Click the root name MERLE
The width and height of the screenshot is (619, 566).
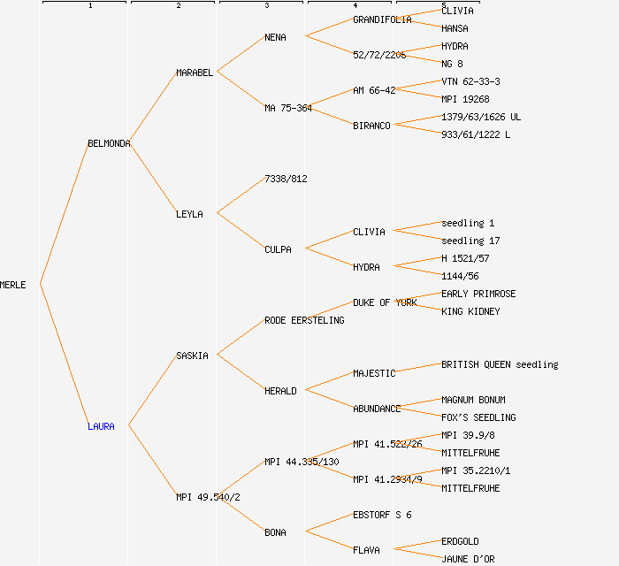[13, 285]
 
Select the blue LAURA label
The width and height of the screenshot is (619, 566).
[101, 426]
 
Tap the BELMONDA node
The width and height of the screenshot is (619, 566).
[109, 143]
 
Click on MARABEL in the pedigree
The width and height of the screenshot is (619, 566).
[195, 73]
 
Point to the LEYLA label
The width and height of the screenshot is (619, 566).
[189, 214]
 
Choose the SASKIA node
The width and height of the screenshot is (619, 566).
[192, 356]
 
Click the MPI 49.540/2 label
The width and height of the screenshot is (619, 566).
[208, 497]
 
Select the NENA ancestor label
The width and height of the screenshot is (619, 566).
[275, 37]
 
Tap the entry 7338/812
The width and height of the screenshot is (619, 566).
[286, 179]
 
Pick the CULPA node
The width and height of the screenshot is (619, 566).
[278, 249]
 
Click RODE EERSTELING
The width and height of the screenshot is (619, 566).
[304, 320]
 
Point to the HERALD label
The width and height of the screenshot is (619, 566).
[280, 391]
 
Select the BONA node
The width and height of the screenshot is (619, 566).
[275, 532]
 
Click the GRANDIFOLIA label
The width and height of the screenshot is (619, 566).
[382, 19]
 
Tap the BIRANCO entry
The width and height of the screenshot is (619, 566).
[371, 126]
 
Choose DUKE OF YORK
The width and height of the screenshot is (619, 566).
[385, 302]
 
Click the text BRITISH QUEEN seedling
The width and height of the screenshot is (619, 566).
[500, 364]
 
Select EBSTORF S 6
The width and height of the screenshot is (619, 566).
[382, 515]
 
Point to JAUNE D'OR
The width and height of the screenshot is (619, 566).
[468, 559]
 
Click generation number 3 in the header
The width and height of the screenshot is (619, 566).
[266, 6]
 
